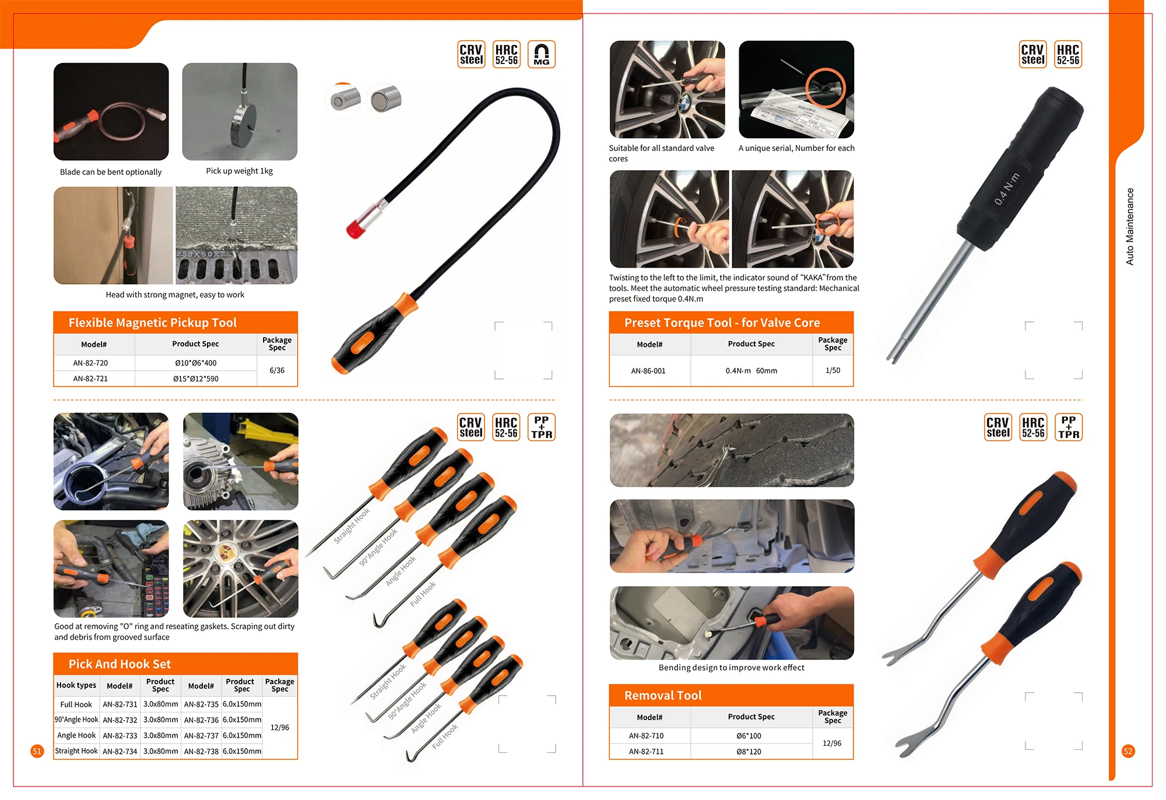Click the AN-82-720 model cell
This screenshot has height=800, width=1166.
click(x=90, y=363)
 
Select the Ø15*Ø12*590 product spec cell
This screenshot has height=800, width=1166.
click(x=196, y=378)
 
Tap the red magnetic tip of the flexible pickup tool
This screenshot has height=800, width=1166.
click(x=355, y=229)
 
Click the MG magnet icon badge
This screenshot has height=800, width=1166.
click(x=542, y=54)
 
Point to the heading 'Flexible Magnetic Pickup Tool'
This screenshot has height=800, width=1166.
click(x=152, y=322)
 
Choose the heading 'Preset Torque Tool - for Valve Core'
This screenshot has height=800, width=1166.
click(x=722, y=322)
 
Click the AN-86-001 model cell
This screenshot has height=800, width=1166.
click(x=648, y=371)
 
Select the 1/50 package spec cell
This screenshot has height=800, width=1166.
click(x=833, y=370)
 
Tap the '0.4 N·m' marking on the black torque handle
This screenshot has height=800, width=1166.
click(x=1007, y=189)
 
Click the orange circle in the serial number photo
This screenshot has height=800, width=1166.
click(x=826, y=87)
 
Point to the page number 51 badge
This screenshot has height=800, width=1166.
click(x=37, y=751)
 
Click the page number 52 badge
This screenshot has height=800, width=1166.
click(x=1128, y=751)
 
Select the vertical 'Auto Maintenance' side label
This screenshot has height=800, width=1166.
click(x=1130, y=226)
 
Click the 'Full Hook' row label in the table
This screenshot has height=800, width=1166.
click(x=76, y=704)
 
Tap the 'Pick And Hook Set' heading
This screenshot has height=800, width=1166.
click(x=120, y=664)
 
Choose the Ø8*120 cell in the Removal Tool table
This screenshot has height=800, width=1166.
click(x=749, y=752)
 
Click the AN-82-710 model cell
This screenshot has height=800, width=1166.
click(x=646, y=736)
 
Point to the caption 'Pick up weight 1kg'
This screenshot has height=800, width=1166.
click(x=239, y=171)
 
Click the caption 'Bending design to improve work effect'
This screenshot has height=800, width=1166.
click(x=732, y=668)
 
